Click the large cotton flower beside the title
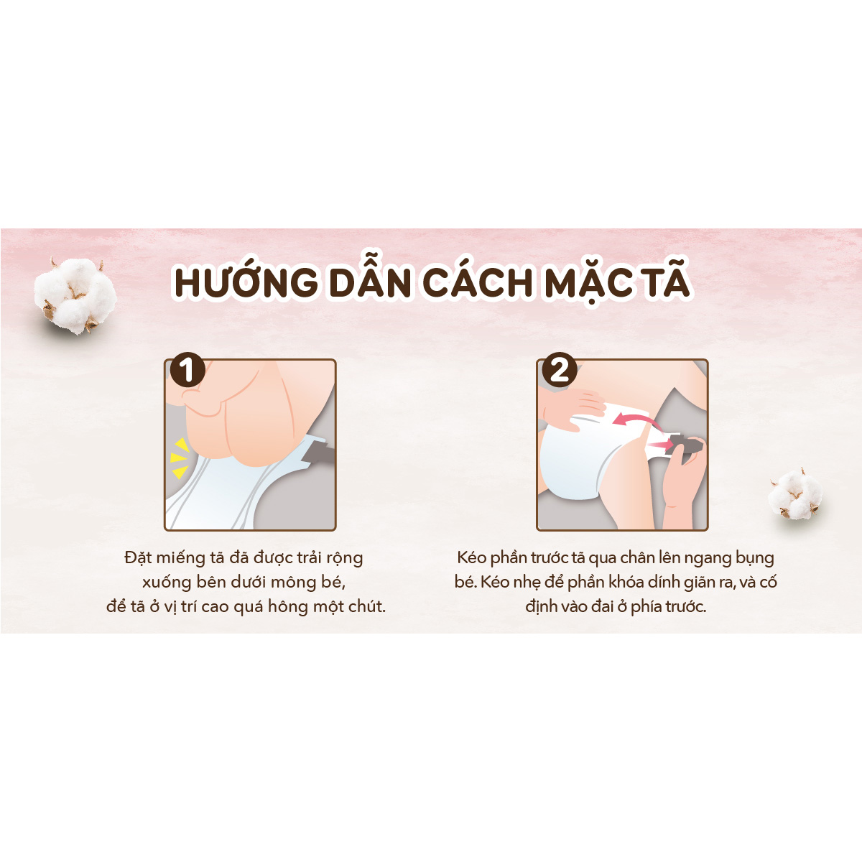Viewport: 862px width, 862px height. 75,296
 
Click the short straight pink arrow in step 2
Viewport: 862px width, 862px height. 661,445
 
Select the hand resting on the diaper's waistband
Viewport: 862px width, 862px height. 573,408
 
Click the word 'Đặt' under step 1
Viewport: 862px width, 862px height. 137,558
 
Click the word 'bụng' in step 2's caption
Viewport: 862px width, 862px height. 755,559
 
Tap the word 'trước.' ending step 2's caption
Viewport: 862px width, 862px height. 686,606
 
